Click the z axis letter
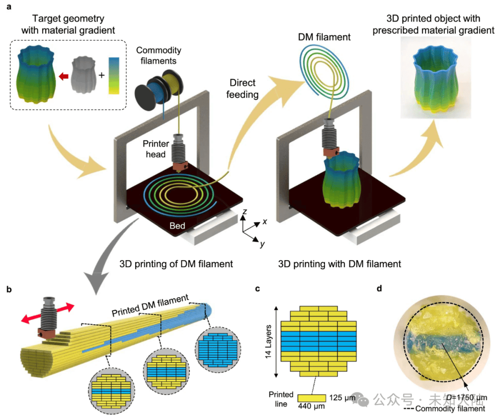pos(244,213)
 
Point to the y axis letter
pos(262,244)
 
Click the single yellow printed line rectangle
pos(311,398)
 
